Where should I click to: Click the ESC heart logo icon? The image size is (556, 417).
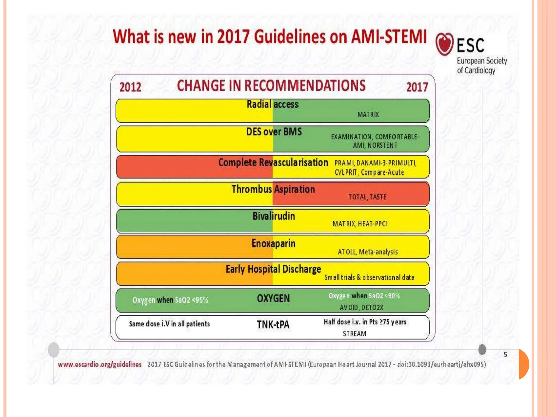point(444,44)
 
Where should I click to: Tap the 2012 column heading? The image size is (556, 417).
point(130,87)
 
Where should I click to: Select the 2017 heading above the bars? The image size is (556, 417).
point(417,87)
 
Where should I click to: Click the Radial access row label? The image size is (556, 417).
point(273,104)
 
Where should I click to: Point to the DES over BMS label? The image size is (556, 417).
point(274,132)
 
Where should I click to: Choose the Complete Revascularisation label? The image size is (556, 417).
point(273,162)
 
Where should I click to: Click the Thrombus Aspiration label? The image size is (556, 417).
point(273,189)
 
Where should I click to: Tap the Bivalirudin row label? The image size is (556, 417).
point(274,216)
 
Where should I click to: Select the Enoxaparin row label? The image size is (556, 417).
point(273,243)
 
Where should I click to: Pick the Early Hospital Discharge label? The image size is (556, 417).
point(273,269)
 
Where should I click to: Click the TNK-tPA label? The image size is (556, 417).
point(273,324)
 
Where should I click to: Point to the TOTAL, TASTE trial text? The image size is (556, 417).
point(367,197)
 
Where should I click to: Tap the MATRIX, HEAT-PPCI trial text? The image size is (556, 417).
point(360,224)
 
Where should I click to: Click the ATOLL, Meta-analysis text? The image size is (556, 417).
point(368,252)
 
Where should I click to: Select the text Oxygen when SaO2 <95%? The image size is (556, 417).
point(170,300)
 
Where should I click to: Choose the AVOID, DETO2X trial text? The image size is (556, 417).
point(361,307)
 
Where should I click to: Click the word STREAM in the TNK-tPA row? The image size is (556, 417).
point(354,333)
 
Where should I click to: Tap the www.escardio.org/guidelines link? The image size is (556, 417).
point(100,364)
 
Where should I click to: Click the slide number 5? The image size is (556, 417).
point(505,355)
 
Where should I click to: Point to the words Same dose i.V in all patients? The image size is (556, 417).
point(169,324)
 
